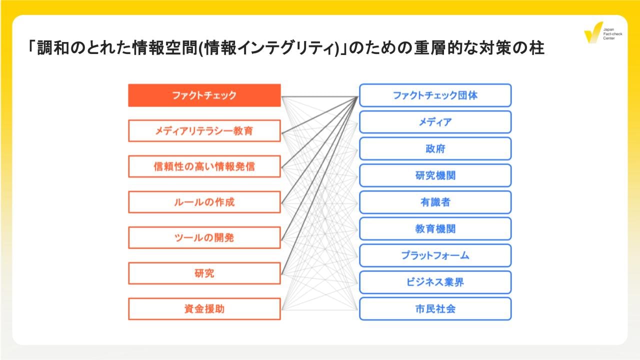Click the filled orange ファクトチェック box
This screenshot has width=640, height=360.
tap(204, 95)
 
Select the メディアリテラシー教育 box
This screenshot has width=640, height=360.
tap(204, 131)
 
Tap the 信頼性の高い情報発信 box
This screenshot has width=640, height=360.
tap(204, 166)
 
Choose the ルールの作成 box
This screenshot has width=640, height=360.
tap(204, 202)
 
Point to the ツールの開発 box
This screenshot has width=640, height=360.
tap(204, 237)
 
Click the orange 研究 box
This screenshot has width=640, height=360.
tap(204, 273)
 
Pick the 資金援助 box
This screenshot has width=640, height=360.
tap(204, 308)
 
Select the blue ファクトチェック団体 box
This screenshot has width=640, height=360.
tap(435, 95)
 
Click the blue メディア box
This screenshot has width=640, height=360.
tap(435, 122)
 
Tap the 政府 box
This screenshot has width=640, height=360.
tap(435, 148)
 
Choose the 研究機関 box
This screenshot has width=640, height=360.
tap(435, 175)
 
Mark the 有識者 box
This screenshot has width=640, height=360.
tap(435, 202)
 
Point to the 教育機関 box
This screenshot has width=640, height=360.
tap(435, 228)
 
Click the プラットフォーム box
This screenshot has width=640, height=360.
tap(435, 255)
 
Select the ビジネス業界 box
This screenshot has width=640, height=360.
tap(435, 282)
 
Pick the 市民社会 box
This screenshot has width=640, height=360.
tap(435, 308)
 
